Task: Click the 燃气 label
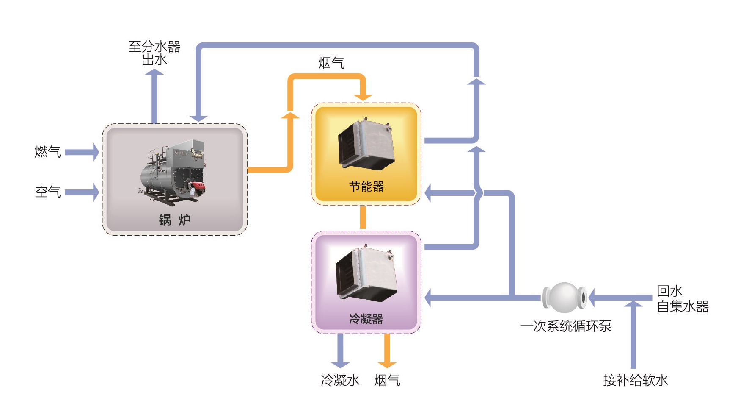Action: point(47,151)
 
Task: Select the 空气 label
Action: point(47,192)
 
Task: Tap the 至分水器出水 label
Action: point(154,53)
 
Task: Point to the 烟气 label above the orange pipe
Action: point(331,63)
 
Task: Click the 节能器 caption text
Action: point(366,187)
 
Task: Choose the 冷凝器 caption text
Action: point(366,318)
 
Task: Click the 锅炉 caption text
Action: point(175,220)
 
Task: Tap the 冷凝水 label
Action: point(340,380)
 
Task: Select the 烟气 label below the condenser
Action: point(387,380)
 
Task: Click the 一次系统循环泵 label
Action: point(566,326)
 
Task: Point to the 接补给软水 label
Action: point(635,380)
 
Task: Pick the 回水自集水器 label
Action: point(682,299)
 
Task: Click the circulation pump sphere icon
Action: point(565,298)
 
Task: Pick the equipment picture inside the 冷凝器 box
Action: point(366,273)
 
